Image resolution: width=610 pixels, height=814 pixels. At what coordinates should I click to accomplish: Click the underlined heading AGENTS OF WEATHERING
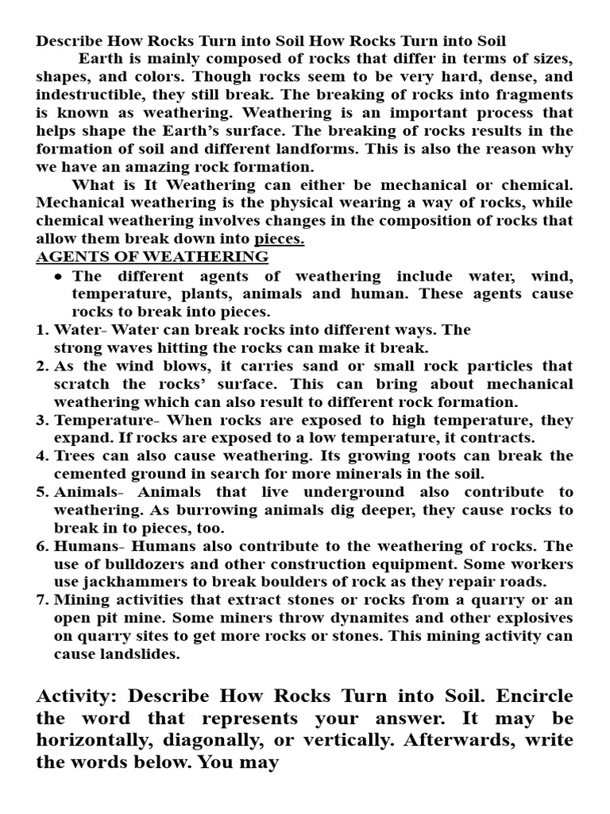[152, 257]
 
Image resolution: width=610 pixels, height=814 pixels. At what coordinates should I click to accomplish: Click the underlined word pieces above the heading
[280, 238]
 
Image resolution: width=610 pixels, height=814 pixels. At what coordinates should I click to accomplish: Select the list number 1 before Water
[41, 330]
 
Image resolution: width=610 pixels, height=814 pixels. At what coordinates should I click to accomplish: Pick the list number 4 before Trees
[41, 456]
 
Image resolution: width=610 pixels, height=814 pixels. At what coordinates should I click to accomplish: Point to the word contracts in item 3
[497, 438]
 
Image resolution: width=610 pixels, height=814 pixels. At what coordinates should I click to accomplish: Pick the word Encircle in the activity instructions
[535, 696]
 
